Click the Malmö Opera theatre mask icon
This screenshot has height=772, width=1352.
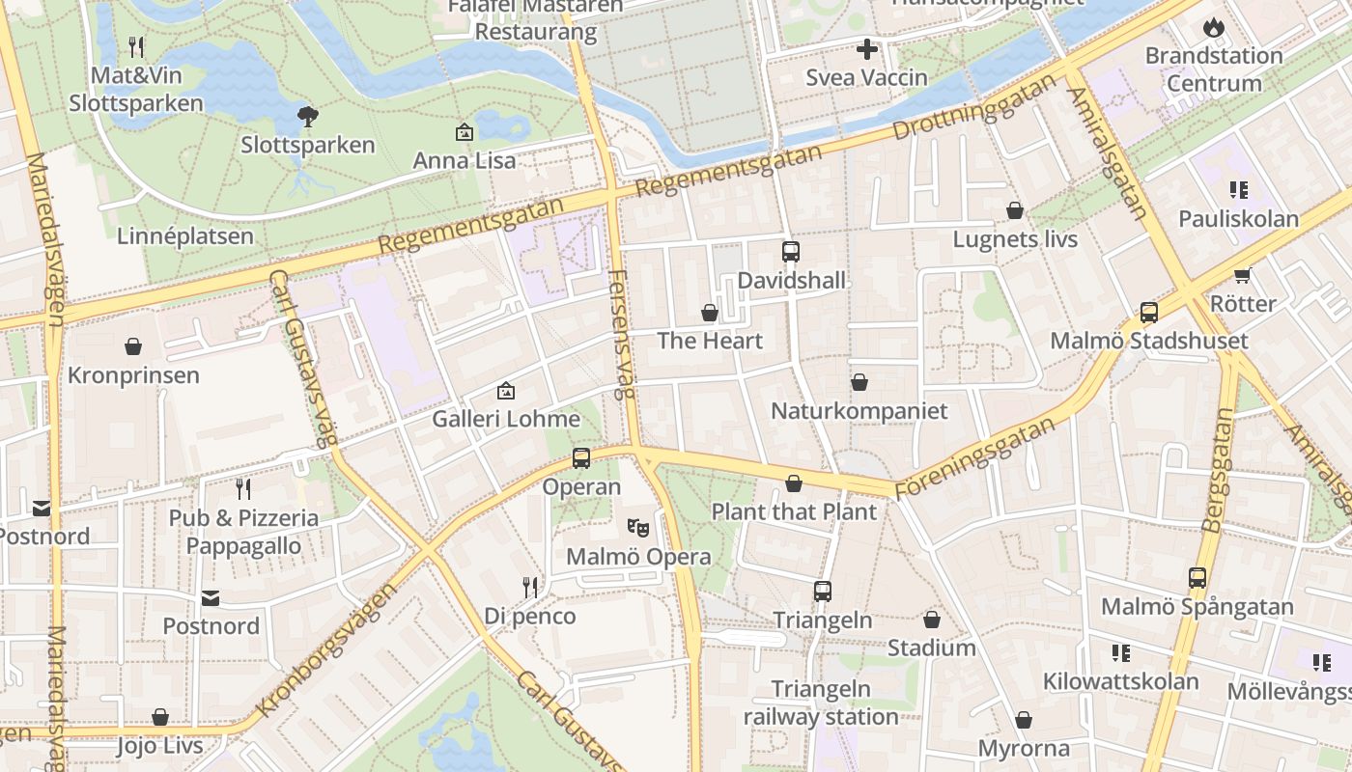(636, 528)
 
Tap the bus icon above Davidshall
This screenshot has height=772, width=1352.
(791, 252)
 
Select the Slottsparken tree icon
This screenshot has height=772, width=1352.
(308, 117)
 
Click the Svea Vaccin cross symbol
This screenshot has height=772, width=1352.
(867, 49)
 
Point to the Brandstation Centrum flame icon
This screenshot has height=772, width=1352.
(1213, 27)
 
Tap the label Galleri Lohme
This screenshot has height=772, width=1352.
(506, 419)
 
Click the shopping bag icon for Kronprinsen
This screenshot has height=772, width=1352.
(133, 346)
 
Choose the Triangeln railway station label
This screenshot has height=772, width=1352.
(821, 703)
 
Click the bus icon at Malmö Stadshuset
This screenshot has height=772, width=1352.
(1148, 313)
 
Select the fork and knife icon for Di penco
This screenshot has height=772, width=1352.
(530, 587)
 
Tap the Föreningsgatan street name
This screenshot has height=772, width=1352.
(975, 457)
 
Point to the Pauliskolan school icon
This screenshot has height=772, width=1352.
(1238, 190)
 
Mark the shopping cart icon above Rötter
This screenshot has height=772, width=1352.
(1243, 275)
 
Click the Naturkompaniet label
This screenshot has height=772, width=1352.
(859, 411)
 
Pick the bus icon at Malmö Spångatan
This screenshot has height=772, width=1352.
(1197, 578)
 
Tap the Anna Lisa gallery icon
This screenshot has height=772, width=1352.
(465, 132)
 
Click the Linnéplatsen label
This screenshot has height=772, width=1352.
(185, 236)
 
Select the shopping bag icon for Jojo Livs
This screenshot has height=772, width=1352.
(160, 717)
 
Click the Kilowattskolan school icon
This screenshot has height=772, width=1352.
(1120, 653)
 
